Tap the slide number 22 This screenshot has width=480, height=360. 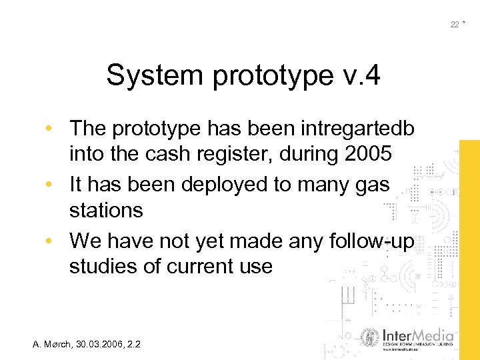[x=454, y=25]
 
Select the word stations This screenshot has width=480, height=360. [x=106, y=211]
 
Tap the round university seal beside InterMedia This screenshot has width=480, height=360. [x=370, y=338]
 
